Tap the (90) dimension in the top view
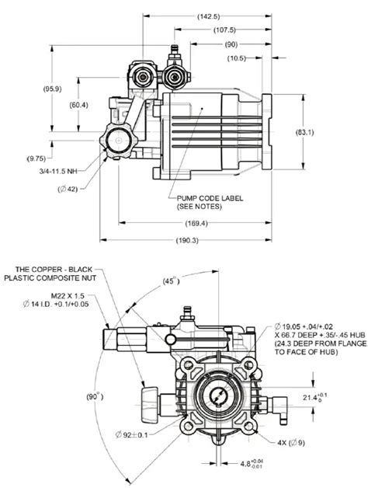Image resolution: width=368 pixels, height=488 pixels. point(232,45)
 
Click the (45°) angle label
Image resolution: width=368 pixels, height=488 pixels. point(169,282)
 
